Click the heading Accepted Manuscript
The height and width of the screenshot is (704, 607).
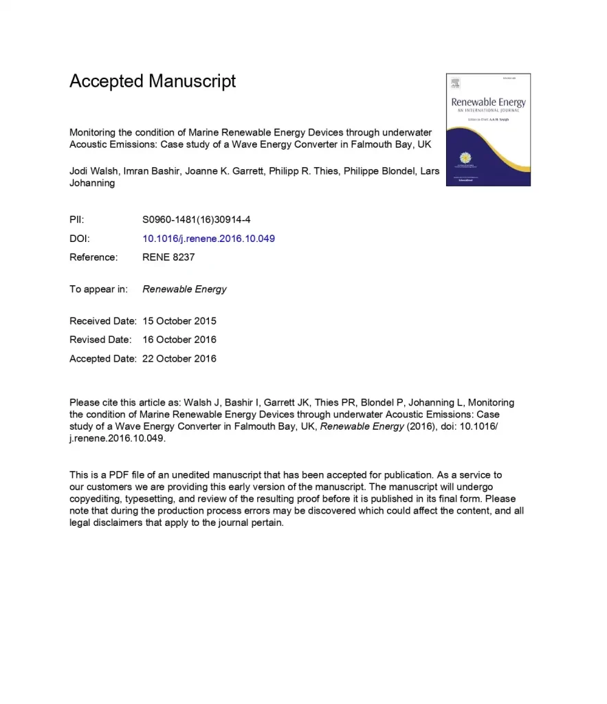(x=153, y=81)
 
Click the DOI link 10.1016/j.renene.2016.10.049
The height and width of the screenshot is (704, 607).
(x=208, y=239)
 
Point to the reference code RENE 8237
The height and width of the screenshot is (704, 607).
(x=168, y=257)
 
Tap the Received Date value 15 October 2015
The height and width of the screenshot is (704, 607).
(x=179, y=321)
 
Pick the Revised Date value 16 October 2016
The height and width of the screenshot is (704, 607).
(x=179, y=340)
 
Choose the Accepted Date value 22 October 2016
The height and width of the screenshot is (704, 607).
(x=179, y=358)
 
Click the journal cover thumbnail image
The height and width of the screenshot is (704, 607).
(x=488, y=129)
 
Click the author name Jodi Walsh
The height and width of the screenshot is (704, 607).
(x=93, y=171)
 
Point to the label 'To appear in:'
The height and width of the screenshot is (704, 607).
(x=98, y=289)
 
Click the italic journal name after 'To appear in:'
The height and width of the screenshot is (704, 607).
(x=184, y=289)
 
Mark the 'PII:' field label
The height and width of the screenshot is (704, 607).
(x=77, y=220)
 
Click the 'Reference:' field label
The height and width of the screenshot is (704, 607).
(x=93, y=257)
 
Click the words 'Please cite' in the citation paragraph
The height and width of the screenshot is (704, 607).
(x=94, y=403)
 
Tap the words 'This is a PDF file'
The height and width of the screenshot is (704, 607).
(x=107, y=475)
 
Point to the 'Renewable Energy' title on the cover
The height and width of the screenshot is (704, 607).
(x=488, y=102)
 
